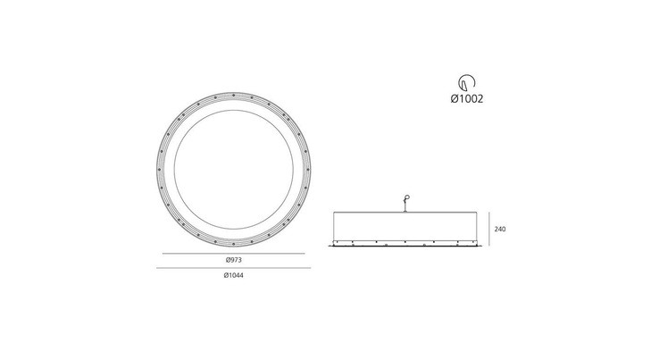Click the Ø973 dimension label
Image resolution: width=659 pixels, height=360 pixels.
click(234, 260)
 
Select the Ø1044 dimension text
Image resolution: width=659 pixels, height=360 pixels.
click(234, 276)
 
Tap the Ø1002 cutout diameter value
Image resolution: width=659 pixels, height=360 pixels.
click(467, 98)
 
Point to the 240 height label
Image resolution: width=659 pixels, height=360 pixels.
click(500, 230)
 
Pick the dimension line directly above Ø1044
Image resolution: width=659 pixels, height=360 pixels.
click(234, 268)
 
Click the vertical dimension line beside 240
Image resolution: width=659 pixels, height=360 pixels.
click(488, 230)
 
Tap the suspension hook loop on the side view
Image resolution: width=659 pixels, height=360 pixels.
click(409, 198)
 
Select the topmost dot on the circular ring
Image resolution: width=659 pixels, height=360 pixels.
click(234, 92)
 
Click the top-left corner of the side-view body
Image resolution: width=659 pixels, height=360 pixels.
click(335, 213)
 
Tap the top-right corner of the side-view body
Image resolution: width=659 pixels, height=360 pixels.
click(480, 213)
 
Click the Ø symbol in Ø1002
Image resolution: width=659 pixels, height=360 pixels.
click(455, 98)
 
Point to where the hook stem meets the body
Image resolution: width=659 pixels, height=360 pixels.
click(407, 212)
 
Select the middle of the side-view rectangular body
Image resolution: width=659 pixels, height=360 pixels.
click(407, 229)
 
